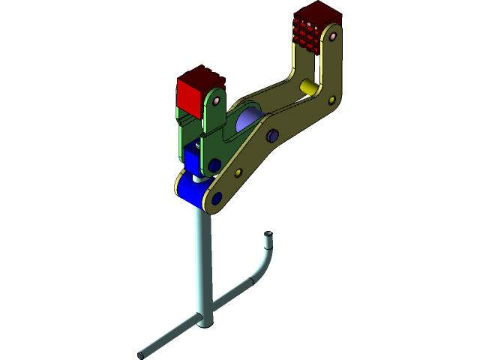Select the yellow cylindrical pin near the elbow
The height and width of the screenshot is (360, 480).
(x=308, y=88)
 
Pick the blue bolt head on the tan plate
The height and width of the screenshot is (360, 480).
(x=273, y=135)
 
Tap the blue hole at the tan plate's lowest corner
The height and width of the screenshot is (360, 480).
(x=217, y=199)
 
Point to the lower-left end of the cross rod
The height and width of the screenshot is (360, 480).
(x=142, y=353)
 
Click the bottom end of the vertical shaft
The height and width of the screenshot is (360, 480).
(x=205, y=322)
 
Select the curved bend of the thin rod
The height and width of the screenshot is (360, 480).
(x=262, y=266)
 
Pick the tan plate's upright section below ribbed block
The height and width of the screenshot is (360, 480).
(x=330, y=71)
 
